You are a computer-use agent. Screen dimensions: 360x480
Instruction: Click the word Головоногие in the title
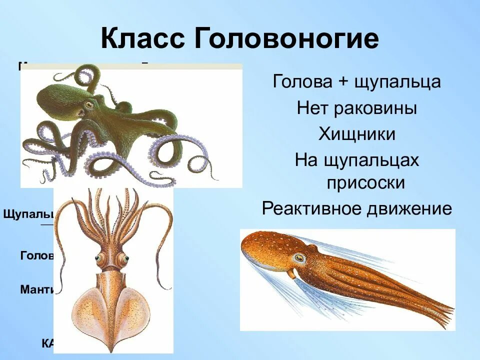pyautogui.click(x=285, y=39)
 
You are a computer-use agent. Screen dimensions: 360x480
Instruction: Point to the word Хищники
pyautogui.click(x=357, y=134)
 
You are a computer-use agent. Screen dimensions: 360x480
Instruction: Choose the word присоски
pyautogui.click(x=365, y=183)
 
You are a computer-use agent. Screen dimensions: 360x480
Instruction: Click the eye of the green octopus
pyautogui.click(x=89, y=105)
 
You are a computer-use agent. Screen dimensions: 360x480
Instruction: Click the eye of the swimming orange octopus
pyautogui.click(x=299, y=258)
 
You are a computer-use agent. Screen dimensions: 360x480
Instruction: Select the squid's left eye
pyautogui.click(x=98, y=259)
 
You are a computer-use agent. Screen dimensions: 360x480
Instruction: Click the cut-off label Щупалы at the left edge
pyautogui.click(x=28, y=214)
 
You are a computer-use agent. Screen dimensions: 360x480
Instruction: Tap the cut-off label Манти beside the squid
pyautogui.click(x=36, y=289)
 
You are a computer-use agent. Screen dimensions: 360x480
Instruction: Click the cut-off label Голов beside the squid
pyautogui.click(x=36, y=255)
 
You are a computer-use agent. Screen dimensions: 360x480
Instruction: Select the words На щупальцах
pyautogui.click(x=357, y=160)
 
